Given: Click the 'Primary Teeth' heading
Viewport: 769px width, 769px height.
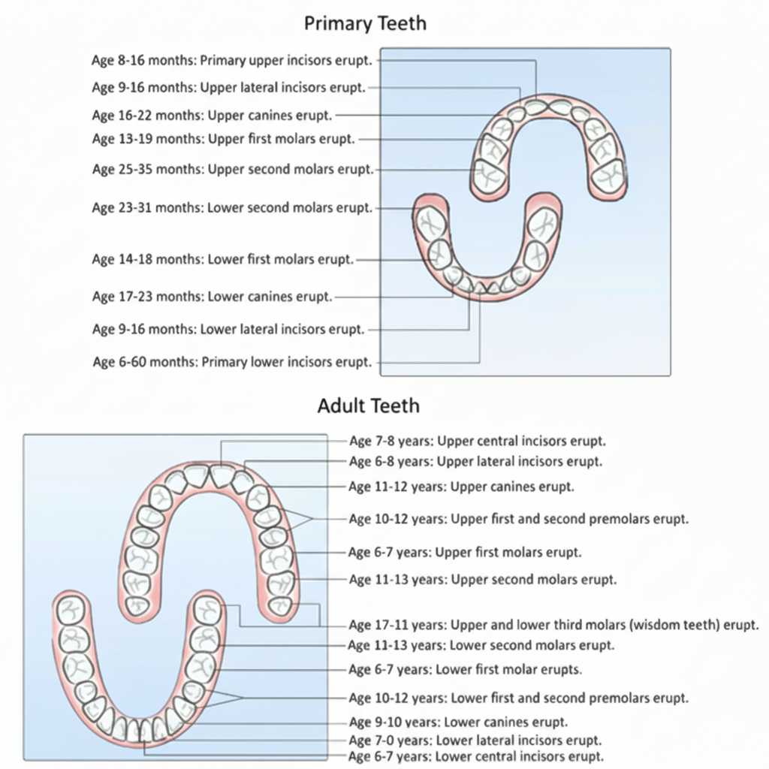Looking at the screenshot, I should click(x=365, y=23).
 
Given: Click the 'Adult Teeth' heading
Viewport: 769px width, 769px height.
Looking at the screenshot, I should click(x=368, y=406).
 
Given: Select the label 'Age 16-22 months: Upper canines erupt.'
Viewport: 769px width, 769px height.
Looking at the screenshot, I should click(x=212, y=116).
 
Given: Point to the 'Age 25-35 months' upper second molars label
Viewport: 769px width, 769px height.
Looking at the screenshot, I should click(x=232, y=170).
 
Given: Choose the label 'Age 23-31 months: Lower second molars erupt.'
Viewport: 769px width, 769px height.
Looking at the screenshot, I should click(x=232, y=208).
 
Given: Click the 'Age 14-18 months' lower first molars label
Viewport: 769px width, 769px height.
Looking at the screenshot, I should click(x=222, y=260).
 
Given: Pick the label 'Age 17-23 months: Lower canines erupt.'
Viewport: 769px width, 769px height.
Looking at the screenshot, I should click(x=212, y=297).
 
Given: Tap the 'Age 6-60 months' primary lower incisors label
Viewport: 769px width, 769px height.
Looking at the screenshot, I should click(x=232, y=362).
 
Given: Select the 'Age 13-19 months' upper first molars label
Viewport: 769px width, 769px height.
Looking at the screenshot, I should click(x=223, y=139).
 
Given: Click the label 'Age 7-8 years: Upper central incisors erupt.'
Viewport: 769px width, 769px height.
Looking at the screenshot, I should click(x=478, y=441).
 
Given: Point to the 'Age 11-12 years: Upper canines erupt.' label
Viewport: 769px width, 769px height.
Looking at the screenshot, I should click(x=461, y=487).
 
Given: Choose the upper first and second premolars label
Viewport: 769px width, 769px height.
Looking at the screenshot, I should click(x=519, y=519).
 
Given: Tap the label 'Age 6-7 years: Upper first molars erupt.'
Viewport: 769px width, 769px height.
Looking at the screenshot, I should click(x=465, y=553).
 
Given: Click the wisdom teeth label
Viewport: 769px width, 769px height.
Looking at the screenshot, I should click(x=554, y=625).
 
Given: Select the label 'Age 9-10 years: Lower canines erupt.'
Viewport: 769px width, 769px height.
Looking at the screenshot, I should click(x=459, y=722).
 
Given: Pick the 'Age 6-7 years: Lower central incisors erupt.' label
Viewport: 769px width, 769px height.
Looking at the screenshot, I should click(x=476, y=756).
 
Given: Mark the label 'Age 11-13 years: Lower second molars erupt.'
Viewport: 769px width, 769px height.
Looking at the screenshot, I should click(x=481, y=645).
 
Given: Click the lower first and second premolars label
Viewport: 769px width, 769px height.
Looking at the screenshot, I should click(x=518, y=698).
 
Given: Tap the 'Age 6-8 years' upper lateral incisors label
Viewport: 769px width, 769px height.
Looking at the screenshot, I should click(x=475, y=462).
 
